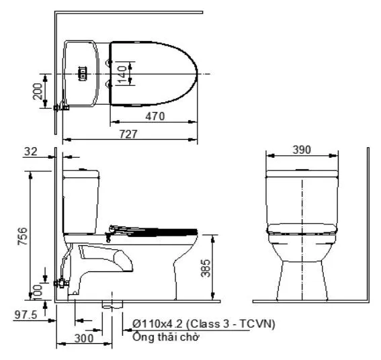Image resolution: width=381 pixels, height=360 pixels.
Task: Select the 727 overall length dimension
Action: (129, 134)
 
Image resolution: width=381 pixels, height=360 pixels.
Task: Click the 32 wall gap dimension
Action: (30, 152)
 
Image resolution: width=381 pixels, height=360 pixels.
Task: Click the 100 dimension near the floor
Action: (38, 290)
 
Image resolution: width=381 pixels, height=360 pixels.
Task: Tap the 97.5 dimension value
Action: (26, 314)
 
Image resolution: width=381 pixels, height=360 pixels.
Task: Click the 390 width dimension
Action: (302, 149)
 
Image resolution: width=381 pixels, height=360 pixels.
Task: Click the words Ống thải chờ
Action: (165, 336)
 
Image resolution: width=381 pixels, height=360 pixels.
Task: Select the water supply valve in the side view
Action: (62, 283)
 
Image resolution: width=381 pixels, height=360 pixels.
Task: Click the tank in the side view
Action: (81, 201)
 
